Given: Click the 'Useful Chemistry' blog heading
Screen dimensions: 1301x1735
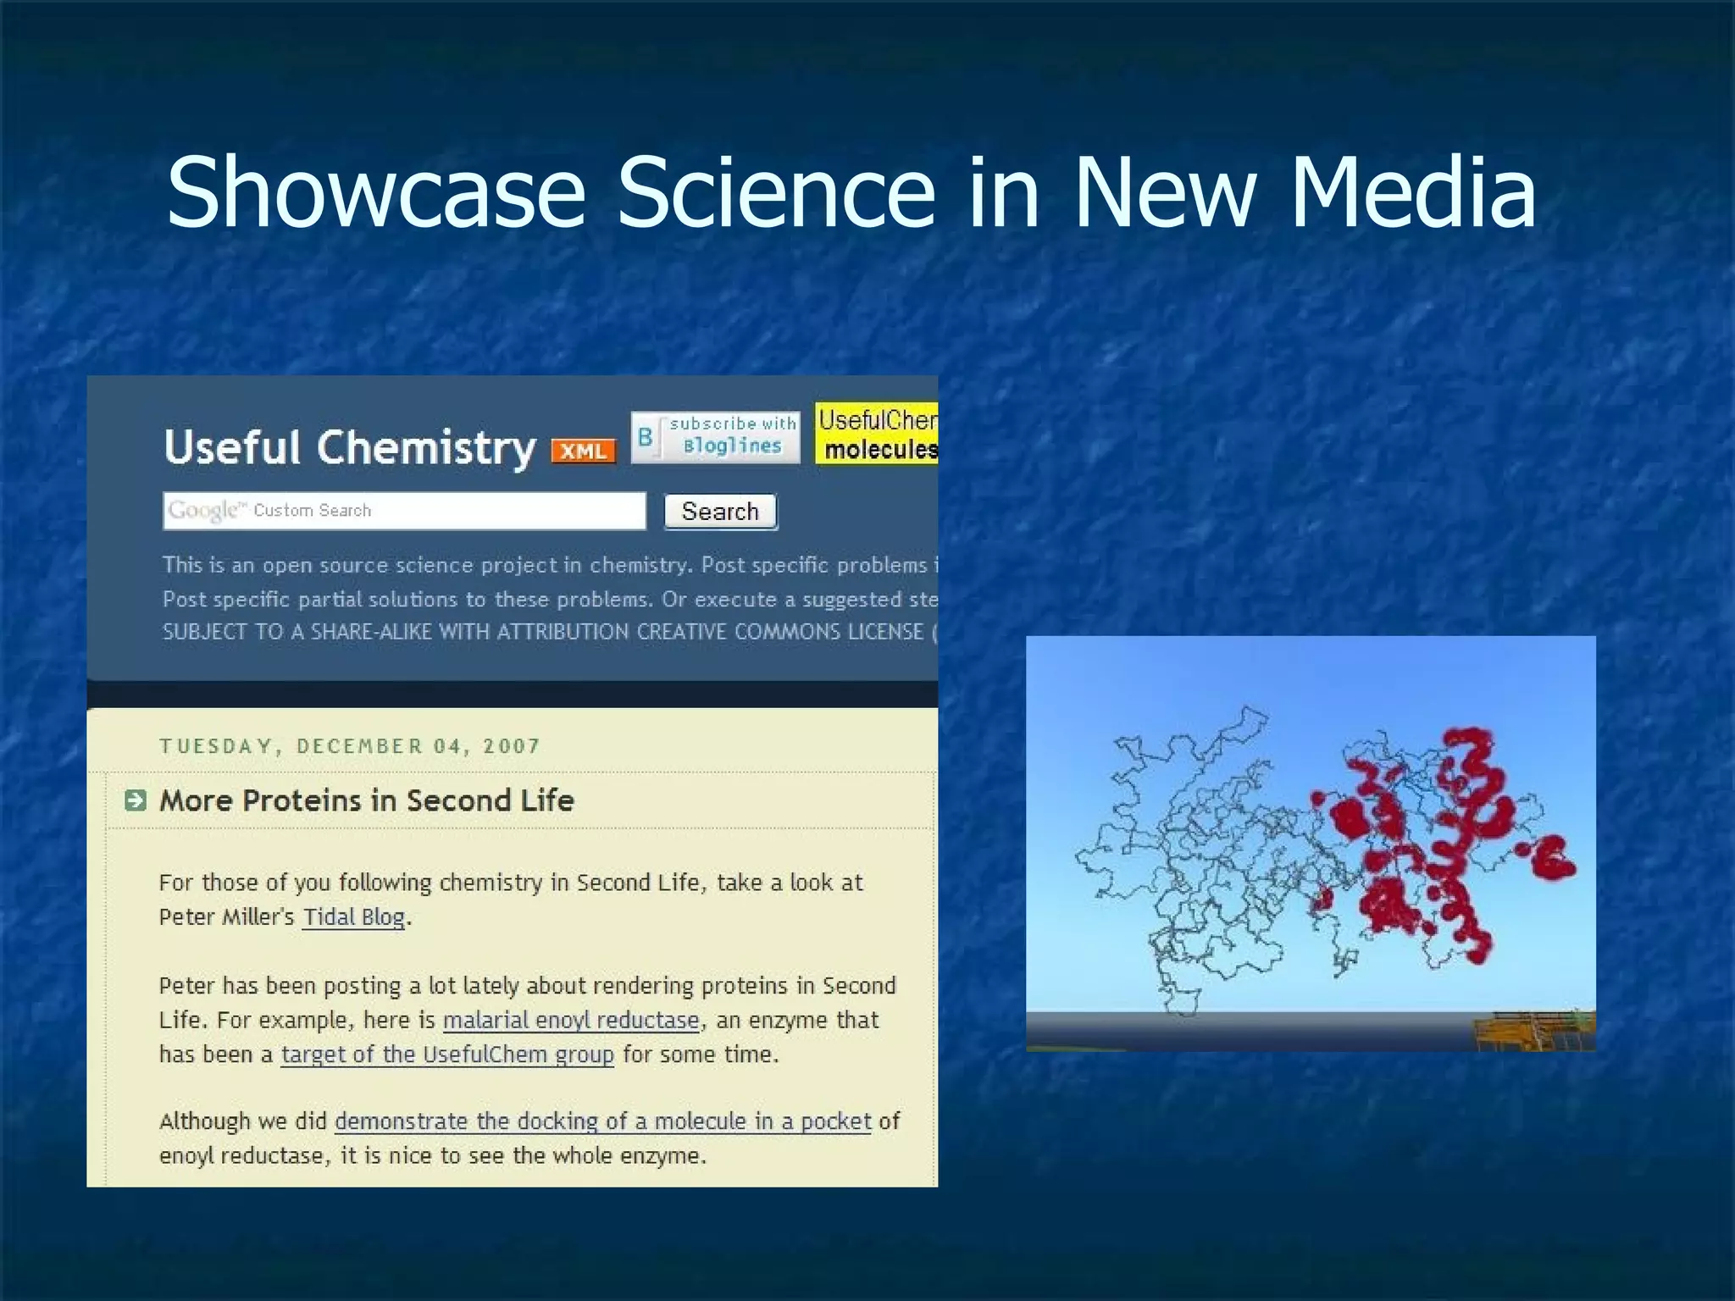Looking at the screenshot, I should click(x=349, y=447).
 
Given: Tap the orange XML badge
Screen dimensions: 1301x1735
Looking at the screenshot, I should click(x=583, y=451).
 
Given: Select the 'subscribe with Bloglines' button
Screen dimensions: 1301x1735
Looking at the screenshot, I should click(x=716, y=436).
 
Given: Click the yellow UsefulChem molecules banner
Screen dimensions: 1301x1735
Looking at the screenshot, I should click(x=877, y=434).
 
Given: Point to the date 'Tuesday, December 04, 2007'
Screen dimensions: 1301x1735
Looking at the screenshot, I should click(x=349, y=746).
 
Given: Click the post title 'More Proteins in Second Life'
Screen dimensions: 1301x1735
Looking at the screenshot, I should click(x=366, y=800).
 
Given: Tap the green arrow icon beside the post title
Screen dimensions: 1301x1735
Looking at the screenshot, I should click(x=135, y=800).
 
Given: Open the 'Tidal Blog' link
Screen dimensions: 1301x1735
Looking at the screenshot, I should click(x=353, y=917).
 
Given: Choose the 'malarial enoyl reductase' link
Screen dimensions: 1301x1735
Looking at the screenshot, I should click(x=572, y=1020).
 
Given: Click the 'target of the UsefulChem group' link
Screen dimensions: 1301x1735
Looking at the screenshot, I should click(x=447, y=1055).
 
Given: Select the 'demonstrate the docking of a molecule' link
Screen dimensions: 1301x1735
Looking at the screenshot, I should click(x=602, y=1121).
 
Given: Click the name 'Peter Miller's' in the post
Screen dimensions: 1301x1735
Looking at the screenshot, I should click(x=226, y=917).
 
